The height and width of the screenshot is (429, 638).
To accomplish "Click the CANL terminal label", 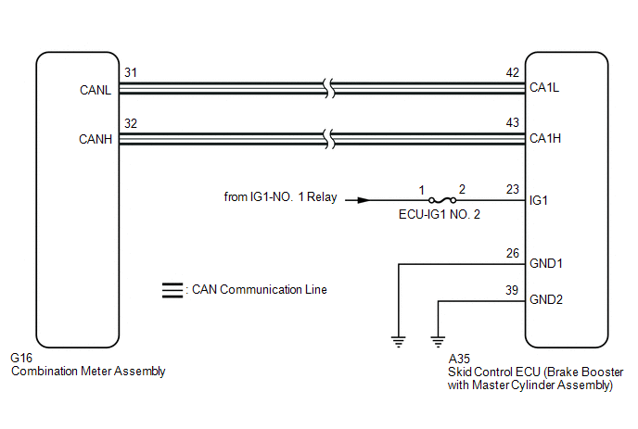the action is tap(96, 90).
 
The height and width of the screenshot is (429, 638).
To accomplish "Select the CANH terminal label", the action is tap(96, 139).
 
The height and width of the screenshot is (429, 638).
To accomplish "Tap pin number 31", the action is tap(131, 72).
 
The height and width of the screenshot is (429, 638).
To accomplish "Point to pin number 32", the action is tap(131, 123).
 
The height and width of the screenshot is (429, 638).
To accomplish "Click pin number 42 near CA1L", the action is tap(513, 72).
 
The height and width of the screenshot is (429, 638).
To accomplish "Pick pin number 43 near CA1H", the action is tap(513, 122).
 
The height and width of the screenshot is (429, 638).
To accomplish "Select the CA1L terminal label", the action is tap(544, 87).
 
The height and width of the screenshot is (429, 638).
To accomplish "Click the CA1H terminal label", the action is tap(545, 138).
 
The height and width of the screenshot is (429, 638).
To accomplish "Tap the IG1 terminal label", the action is tap(538, 200).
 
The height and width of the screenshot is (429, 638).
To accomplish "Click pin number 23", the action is tap(513, 189).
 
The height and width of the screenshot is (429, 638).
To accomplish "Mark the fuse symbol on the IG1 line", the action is tap(442, 200).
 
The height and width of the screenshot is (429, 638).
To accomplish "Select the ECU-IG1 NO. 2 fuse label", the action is tap(440, 214).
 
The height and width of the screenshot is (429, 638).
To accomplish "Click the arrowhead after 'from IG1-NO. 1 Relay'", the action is tap(364, 200).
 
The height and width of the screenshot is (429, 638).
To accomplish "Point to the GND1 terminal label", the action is tap(546, 263).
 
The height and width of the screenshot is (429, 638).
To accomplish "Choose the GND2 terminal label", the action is tap(546, 299).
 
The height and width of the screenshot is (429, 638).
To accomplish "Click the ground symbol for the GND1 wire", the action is tap(399, 342).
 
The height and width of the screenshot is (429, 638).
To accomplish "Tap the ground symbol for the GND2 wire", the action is tap(438, 342).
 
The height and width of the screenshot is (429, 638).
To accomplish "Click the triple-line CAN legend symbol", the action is tap(172, 290).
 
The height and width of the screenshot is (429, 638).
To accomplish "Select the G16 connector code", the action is tap(21, 358).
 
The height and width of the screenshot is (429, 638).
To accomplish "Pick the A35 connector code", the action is tap(459, 359).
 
